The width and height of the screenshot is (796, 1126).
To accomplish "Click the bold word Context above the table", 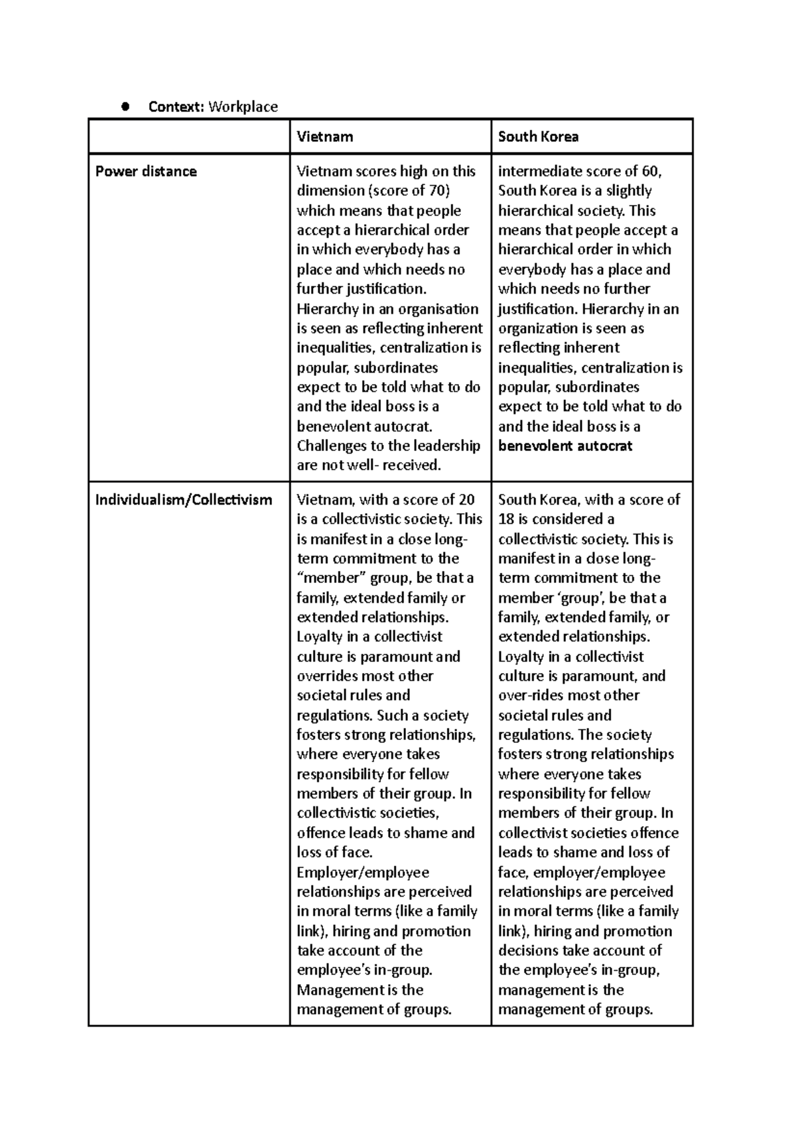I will [176, 107].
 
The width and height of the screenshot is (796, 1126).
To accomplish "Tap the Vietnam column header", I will [324, 137].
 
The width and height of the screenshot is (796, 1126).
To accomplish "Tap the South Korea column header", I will [538, 137].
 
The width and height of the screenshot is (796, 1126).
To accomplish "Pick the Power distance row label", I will [146, 172].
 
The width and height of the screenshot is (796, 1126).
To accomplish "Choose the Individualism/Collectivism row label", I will [183, 499].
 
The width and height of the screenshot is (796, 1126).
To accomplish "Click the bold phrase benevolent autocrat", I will [565, 446].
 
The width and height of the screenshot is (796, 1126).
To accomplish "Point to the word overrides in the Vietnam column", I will [328, 676].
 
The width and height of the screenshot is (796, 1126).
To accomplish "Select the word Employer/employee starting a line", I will [363, 873].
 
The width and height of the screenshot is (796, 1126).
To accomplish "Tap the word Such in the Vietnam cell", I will [391, 716].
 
